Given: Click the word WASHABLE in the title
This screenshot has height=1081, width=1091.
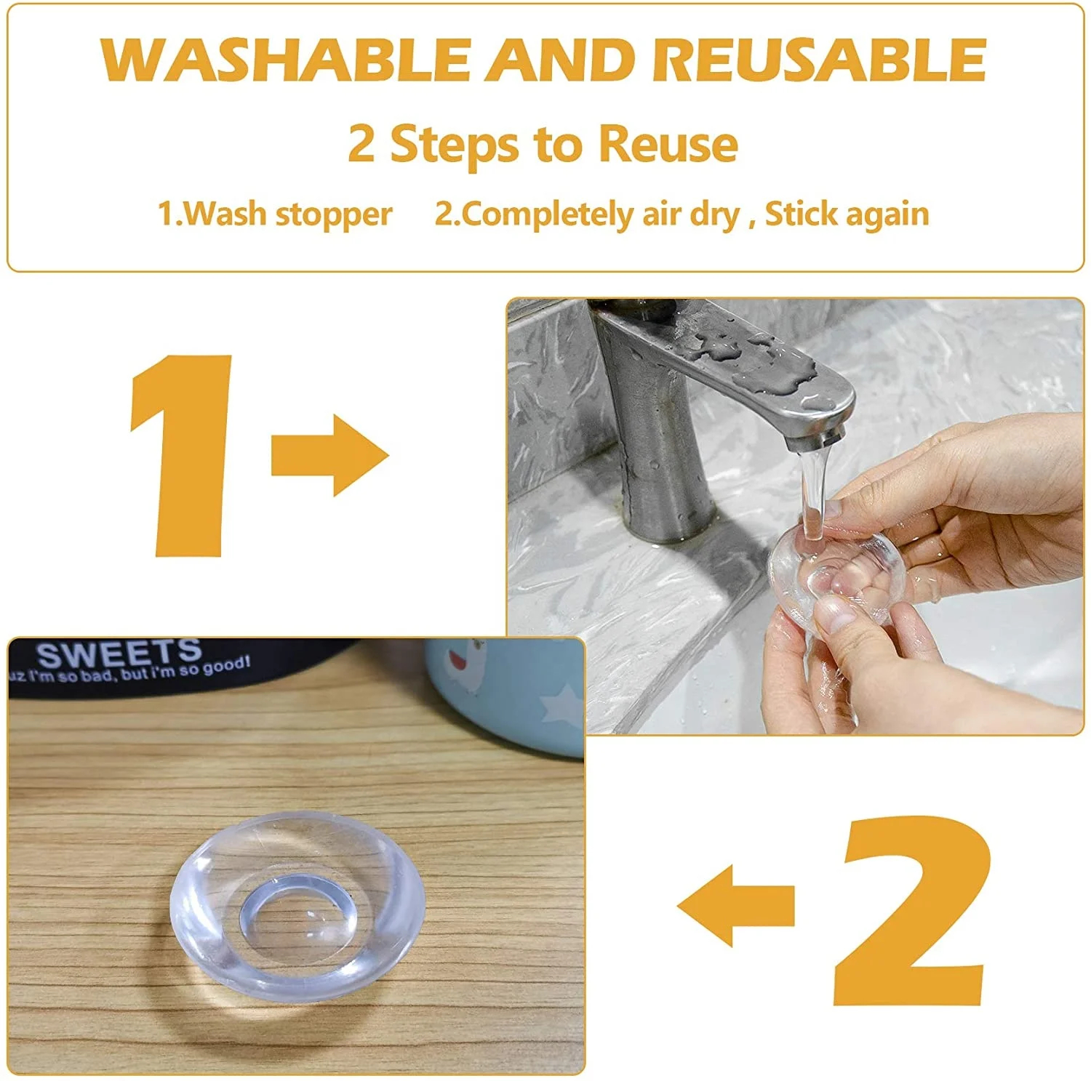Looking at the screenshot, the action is point(286,59).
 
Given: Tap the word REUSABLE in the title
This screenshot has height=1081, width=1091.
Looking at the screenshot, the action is point(819,59).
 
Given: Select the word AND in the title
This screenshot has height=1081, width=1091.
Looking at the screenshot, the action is point(561,59).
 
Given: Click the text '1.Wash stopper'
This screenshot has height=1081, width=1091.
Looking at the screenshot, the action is point(275,214).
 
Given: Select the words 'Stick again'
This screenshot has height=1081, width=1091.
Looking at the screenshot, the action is point(847,214).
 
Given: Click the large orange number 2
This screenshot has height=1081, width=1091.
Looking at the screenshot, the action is point(914,910).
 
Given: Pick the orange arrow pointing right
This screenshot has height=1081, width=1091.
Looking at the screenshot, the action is point(329,455).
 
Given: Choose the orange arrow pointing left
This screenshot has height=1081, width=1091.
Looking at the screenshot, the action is point(735,905).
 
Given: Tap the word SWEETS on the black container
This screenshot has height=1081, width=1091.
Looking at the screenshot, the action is point(119,654).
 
